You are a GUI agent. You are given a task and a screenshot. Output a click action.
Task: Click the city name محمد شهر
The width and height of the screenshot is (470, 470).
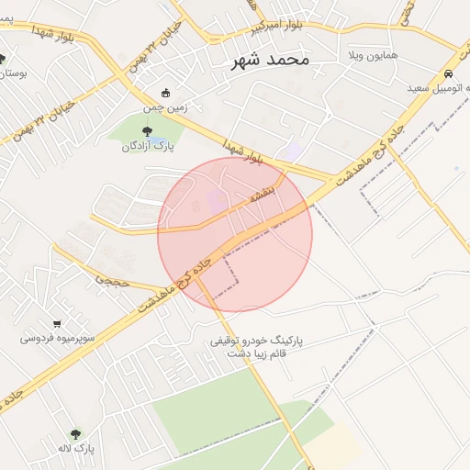267,60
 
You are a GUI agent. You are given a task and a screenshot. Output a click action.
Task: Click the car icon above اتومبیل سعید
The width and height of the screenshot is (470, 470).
447,73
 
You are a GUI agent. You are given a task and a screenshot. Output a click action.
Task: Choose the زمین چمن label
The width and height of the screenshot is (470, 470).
165,106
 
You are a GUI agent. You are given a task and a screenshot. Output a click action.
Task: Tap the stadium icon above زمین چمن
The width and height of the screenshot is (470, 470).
165,93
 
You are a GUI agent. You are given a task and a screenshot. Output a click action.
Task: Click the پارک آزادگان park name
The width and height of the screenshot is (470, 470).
149,145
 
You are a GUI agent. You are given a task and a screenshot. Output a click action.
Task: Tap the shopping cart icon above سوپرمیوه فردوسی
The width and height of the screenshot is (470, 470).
58,323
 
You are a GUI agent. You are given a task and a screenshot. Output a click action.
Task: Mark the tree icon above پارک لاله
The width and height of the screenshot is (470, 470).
75,434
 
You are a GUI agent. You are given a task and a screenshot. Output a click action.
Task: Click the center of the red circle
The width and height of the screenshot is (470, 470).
235,234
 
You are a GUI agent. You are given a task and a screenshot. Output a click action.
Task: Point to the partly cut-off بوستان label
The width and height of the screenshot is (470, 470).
14,73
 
